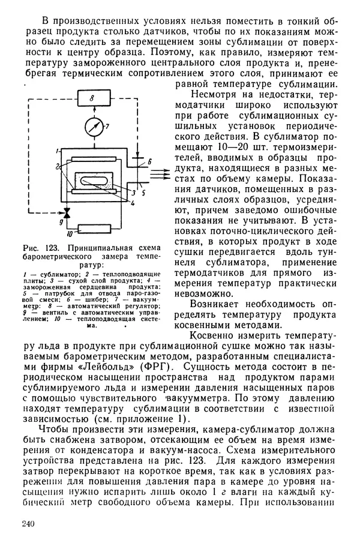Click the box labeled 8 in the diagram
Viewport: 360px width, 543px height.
pyautogui.click(x=93, y=98)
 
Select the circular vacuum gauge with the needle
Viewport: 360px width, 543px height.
pyautogui.click(x=93, y=127)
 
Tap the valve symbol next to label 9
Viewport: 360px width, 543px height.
pyautogui.click(x=67, y=212)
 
